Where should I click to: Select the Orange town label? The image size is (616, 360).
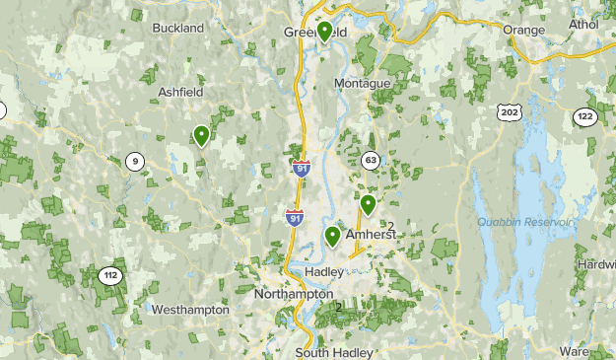(523, 30)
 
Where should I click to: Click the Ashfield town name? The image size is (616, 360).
(181, 94)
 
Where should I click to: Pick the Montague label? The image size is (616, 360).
(363, 83)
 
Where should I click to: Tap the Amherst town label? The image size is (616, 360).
(370, 235)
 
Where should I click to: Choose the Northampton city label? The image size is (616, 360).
(294, 294)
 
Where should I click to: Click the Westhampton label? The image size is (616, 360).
(190, 310)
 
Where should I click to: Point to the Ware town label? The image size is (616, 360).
(601, 350)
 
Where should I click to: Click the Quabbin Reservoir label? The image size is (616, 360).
(524, 222)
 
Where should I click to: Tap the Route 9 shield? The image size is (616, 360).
(133, 163)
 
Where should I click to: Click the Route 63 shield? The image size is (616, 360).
(371, 160)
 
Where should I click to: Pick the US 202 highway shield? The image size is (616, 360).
(509, 113)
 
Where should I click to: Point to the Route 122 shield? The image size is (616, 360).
(585, 116)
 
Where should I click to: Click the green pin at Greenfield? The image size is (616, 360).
(324, 32)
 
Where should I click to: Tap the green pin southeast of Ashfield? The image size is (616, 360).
(201, 135)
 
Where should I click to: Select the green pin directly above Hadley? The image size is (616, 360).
(333, 236)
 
